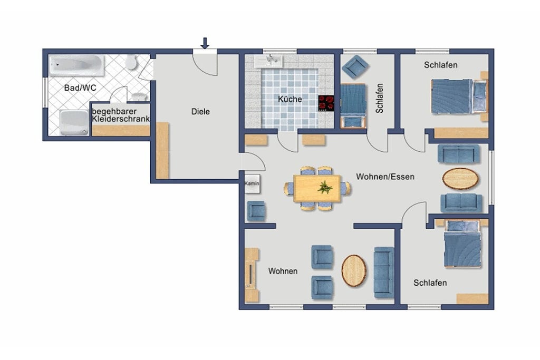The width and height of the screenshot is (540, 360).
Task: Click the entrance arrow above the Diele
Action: coord(205,43)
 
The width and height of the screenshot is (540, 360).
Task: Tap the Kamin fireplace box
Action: coord(252,183)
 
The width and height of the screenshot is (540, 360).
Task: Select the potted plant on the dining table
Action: coord(325,188)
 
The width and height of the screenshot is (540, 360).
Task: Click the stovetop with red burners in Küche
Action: coord(326,103)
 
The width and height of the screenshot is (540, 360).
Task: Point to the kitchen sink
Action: coord(268,61)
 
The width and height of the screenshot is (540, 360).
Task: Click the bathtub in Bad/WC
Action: coord(76,65)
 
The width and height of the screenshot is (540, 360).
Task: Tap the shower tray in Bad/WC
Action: coord(74,122)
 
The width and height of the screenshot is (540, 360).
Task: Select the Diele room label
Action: coord(200,112)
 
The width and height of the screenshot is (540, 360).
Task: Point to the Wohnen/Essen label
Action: coord(385,177)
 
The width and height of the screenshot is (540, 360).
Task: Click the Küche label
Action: coord(290,99)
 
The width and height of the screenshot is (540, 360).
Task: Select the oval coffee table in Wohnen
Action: coord(354,270)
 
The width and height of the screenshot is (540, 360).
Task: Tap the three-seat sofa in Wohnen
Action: coord(384,272)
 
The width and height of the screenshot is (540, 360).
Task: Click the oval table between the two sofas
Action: coord(460,179)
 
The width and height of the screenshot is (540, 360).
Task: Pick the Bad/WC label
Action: coord(80,88)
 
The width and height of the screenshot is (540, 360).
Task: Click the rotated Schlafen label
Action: coord(380,99)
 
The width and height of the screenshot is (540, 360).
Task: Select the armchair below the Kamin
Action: coord(257,211)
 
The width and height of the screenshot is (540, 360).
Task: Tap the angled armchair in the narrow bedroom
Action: coord(355,66)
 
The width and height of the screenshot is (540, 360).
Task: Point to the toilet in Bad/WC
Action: coord(131,62)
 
